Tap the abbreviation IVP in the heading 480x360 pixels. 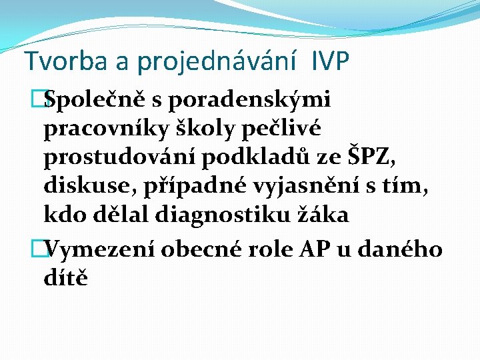point(329,61)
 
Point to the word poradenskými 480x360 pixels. point(251,100)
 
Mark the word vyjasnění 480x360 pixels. point(315,186)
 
